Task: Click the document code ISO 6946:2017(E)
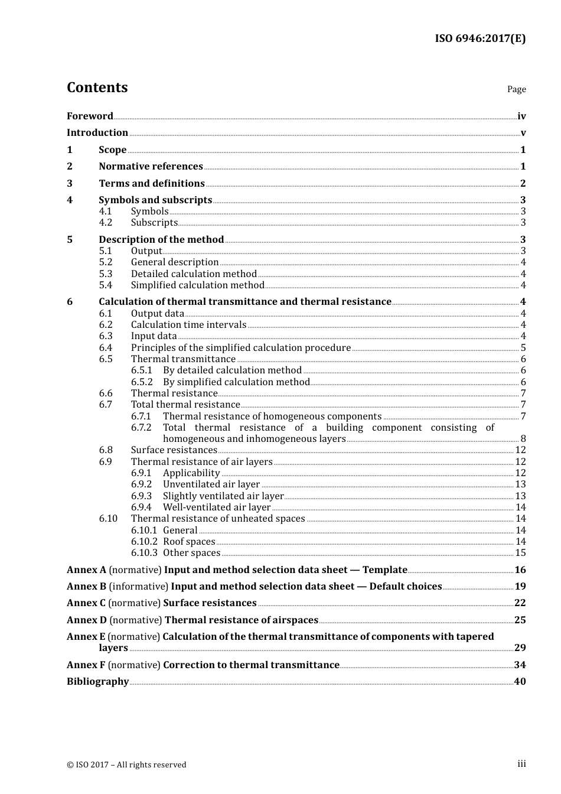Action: click(x=480, y=38)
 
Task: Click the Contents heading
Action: click(x=97, y=87)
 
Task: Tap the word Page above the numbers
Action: click(x=516, y=89)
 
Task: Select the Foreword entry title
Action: click(x=90, y=116)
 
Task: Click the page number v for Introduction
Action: click(x=523, y=133)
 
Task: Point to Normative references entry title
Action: click(x=151, y=167)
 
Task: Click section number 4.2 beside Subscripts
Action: click(x=105, y=223)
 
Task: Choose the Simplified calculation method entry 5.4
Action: click(x=197, y=285)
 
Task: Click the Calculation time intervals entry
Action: click(x=188, y=325)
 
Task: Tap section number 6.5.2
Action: click(x=142, y=382)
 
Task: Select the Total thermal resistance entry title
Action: click(x=185, y=405)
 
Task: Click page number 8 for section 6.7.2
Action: click(x=523, y=439)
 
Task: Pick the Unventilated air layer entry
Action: click(x=211, y=484)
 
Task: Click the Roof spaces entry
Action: click(x=189, y=542)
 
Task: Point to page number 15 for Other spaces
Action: click(x=520, y=553)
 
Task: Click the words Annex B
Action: click(x=86, y=587)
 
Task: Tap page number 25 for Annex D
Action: click(x=520, y=620)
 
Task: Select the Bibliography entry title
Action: click(x=97, y=682)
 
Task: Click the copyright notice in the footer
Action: click(x=126, y=765)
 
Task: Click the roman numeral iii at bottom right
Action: click(x=521, y=764)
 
